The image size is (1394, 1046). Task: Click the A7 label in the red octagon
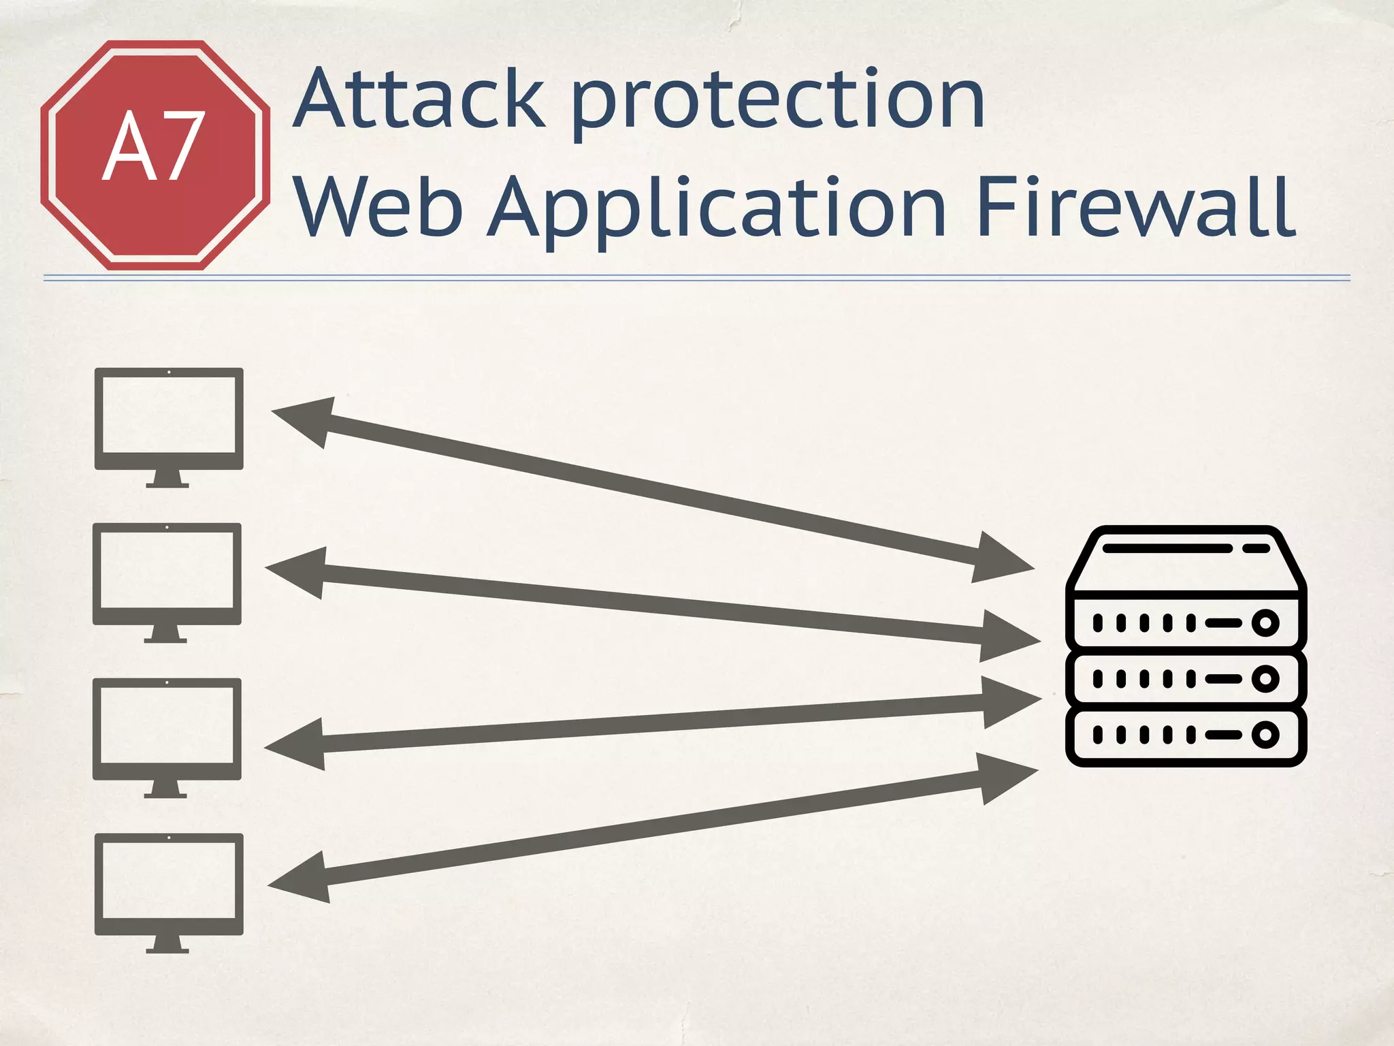[x=154, y=147]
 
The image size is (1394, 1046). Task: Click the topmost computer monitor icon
[x=169, y=419]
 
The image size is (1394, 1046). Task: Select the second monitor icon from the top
[x=167, y=575]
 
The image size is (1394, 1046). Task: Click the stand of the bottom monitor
[x=167, y=944]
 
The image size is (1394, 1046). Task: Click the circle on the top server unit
[x=1265, y=622]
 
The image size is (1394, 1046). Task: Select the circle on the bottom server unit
[x=1265, y=735]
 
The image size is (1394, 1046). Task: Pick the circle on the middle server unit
[x=1265, y=679]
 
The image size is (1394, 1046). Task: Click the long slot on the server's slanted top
[x=1167, y=548]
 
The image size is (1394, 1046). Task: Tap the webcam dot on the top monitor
[x=169, y=372]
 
